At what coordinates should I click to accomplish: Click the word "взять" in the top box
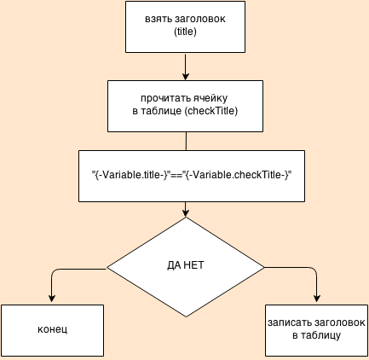pyautogui.click(x=159, y=19)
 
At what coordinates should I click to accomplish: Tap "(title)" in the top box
pyautogui.click(x=185, y=32)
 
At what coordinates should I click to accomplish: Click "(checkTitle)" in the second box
pyautogui.click(x=211, y=111)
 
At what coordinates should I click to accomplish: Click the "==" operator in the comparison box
pyautogui.click(x=176, y=175)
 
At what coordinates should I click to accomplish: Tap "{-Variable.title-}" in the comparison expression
pyautogui.click(x=131, y=175)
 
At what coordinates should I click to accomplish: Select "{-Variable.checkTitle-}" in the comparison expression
pyautogui.click(x=237, y=175)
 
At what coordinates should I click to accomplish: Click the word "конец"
pyautogui.click(x=52, y=329)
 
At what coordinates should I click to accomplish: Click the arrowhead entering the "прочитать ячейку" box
pyautogui.click(x=186, y=76)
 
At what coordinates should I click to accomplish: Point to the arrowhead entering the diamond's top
pyautogui.click(x=186, y=213)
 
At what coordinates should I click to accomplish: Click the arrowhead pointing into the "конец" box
pyautogui.click(x=52, y=298)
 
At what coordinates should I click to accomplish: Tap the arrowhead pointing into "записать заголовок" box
pyautogui.click(x=317, y=298)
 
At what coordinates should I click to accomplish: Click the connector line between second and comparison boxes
pyautogui.click(x=186, y=141)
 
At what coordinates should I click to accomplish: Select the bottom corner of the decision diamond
pyautogui.click(x=186, y=316)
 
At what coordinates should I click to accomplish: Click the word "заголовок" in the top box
pyautogui.click(x=199, y=19)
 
